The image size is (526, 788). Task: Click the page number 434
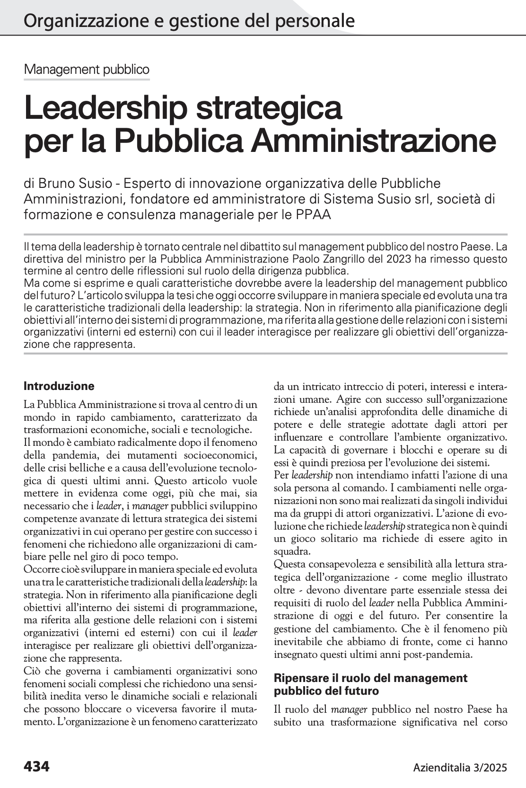(x=36, y=766)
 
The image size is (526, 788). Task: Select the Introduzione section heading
(x=59, y=386)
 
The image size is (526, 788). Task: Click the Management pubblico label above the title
(x=87, y=70)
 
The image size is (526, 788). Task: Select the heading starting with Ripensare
(x=370, y=684)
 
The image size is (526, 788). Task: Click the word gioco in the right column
(x=302, y=539)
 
